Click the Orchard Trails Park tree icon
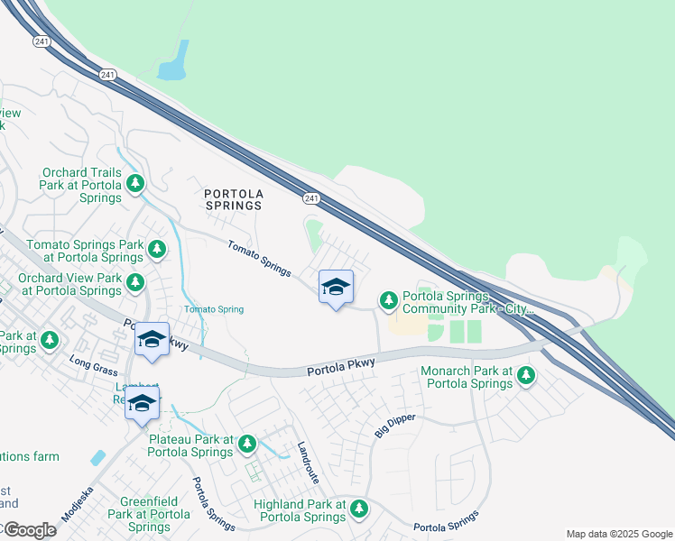[135, 185]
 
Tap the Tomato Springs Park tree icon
[157, 248]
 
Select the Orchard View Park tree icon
[135, 283]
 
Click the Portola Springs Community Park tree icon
[389, 299]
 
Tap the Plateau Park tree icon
[246, 443]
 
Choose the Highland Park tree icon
[359, 509]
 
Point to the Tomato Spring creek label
[214, 309]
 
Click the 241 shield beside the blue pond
[109, 75]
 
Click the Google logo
[29, 530]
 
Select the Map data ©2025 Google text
[618, 534]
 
